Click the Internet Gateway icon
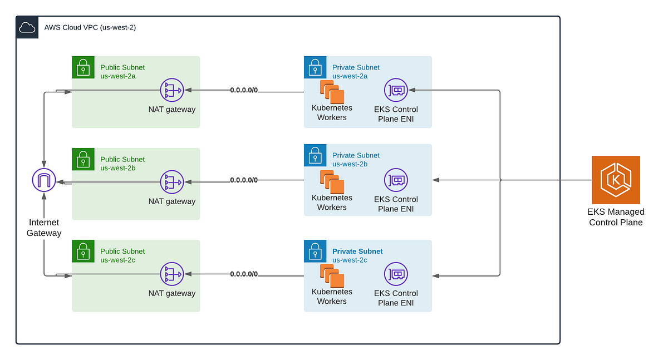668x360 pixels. point(43,180)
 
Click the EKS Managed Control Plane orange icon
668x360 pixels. point(616,180)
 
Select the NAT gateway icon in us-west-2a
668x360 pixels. point(171,90)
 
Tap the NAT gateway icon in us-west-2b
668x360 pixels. point(171,182)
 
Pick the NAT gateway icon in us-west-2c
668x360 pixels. point(171,274)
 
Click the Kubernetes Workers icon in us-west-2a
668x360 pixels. point(332,92)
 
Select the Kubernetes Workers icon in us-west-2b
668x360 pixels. point(332,182)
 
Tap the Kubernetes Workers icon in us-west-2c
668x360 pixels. point(332,275)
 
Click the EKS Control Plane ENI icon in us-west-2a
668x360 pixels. point(396,90)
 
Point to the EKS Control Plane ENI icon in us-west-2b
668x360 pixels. point(396,180)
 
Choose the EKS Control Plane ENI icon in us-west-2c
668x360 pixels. point(396,274)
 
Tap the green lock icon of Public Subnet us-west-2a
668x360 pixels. point(83,67)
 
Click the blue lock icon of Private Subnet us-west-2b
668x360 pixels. point(315,155)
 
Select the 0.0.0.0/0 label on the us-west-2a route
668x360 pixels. point(244,90)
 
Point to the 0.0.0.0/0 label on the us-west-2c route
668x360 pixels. point(244,274)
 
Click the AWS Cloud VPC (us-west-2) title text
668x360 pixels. point(90,27)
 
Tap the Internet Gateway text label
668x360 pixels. point(44,228)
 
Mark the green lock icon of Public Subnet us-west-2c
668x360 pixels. point(83,251)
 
